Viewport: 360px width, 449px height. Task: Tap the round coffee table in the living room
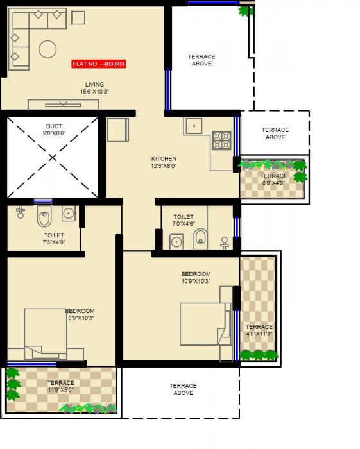tap(47, 49)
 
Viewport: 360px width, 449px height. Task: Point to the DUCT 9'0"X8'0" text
tap(53, 130)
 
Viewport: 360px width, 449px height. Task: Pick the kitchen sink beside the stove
tap(194, 126)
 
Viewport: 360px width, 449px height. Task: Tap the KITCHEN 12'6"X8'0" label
tap(164, 162)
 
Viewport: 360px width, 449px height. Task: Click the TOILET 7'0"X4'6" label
tap(184, 221)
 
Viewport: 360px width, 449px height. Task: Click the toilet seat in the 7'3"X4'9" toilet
tap(44, 218)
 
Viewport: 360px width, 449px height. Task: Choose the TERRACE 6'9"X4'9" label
tap(274, 180)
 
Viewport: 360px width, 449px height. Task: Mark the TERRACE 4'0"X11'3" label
tap(259, 330)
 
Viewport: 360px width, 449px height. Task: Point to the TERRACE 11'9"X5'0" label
tap(60, 387)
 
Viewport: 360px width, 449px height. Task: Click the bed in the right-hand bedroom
tap(204, 324)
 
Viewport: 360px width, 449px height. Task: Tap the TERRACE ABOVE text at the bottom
tap(183, 389)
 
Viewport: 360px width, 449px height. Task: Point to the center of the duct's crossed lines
tap(53, 157)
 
